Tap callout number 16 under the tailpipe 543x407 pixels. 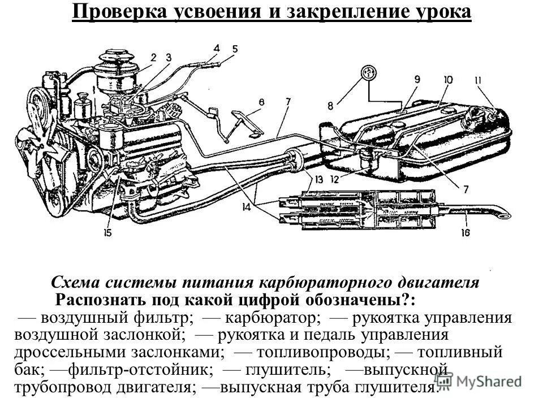(465, 232)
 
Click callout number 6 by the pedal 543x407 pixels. (261, 102)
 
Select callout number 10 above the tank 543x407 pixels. (449, 80)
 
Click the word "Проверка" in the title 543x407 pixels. (117, 12)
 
